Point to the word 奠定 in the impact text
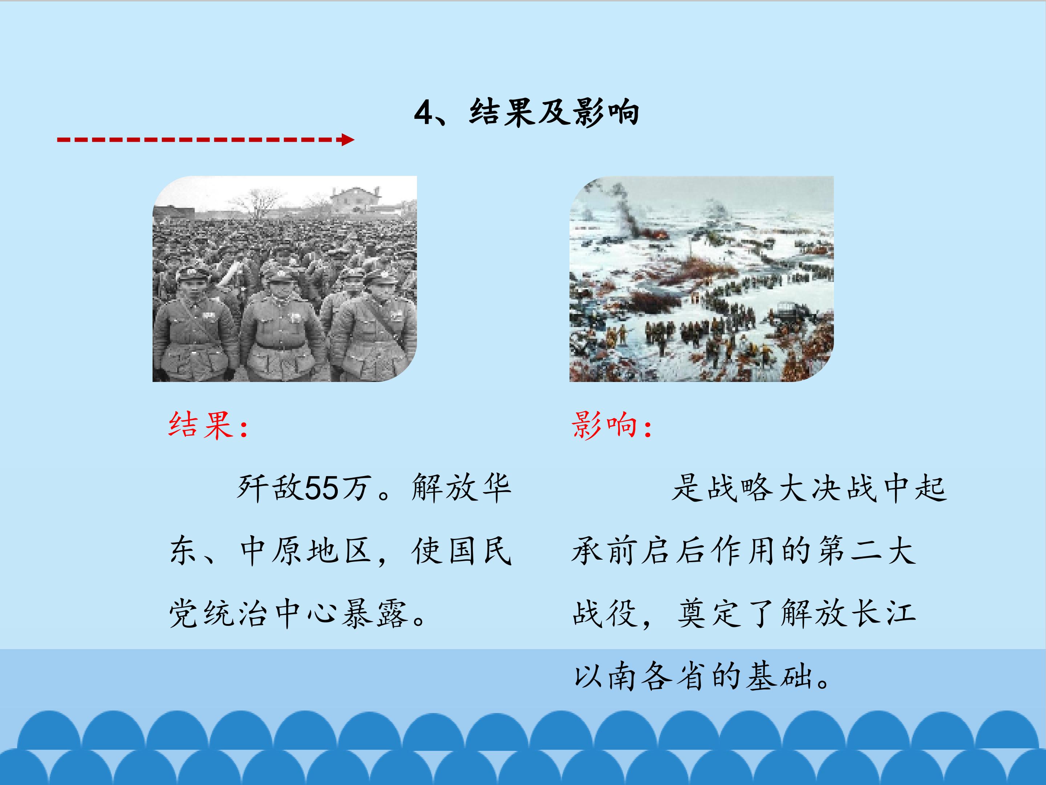click(709, 614)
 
